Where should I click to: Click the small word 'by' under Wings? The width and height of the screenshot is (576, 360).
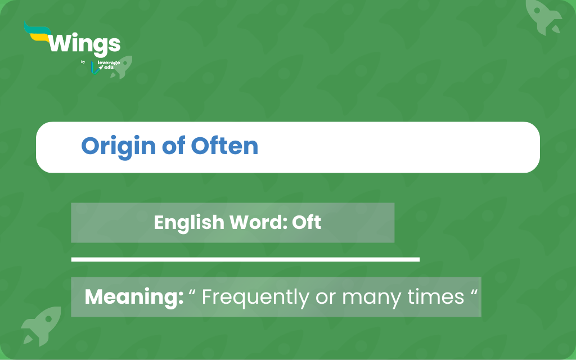pyautogui.click(x=83, y=62)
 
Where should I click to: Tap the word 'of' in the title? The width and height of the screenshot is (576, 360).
pyautogui.click(x=173, y=146)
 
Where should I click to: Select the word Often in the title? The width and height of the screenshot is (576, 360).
pyautogui.click(x=224, y=146)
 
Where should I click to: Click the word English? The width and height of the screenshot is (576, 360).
pyautogui.click(x=189, y=223)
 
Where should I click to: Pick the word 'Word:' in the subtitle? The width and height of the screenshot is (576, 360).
pyautogui.click(x=259, y=222)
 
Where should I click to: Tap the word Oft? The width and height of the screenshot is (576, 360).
pyautogui.click(x=307, y=222)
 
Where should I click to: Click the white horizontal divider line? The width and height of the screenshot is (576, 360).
pyautogui.click(x=245, y=259)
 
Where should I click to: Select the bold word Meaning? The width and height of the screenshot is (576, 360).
pyautogui.click(x=134, y=297)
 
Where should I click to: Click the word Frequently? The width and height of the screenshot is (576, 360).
pyautogui.click(x=256, y=298)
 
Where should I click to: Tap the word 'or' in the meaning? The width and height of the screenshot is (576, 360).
pyautogui.click(x=326, y=298)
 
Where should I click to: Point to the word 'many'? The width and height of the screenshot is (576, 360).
pyautogui.click(x=371, y=299)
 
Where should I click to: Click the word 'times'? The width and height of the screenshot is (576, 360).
pyautogui.click(x=436, y=297)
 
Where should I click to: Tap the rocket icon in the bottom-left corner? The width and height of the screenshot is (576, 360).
pyautogui.click(x=42, y=326)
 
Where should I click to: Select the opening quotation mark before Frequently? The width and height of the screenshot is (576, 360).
pyautogui.click(x=192, y=292)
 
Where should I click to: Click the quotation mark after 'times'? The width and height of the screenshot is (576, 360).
pyautogui.click(x=474, y=292)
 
